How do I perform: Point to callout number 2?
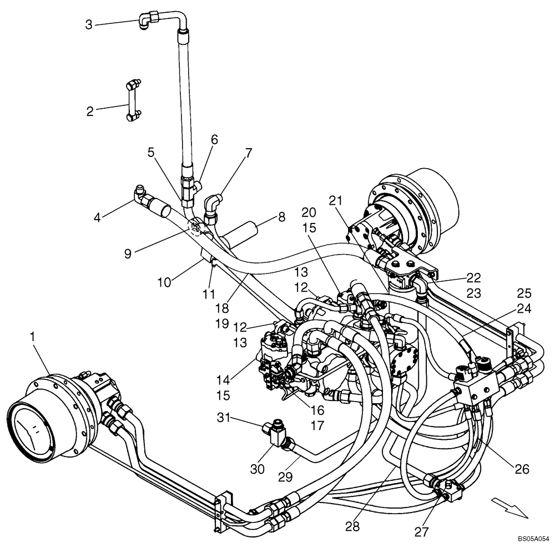pyautogui.click(x=90, y=111)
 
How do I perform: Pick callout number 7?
pyautogui.click(x=248, y=153)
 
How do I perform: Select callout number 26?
pyautogui.click(x=522, y=469)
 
